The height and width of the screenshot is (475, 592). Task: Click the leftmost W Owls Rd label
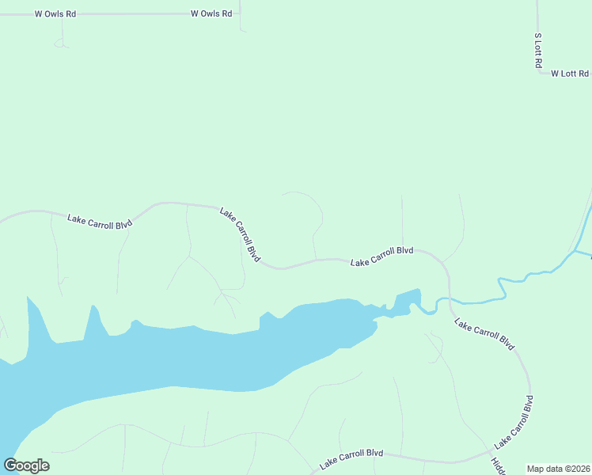(55, 14)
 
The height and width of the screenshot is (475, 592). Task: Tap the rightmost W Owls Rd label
(211, 14)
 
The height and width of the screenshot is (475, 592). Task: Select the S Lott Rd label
(537, 50)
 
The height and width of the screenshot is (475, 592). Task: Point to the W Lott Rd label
(570, 74)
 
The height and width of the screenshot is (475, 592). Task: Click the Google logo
(27, 465)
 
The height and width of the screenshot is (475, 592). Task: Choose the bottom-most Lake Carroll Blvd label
(351, 458)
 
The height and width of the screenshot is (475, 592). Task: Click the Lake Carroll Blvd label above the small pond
(382, 256)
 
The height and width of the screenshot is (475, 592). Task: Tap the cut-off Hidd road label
(498, 466)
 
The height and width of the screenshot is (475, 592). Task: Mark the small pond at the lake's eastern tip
(406, 301)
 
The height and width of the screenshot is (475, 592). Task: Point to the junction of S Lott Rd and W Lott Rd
(537, 73)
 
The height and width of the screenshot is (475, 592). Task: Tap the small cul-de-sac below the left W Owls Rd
(60, 43)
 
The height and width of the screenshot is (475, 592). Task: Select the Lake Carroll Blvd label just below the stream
(484, 334)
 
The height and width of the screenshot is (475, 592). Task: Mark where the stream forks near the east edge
(574, 252)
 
